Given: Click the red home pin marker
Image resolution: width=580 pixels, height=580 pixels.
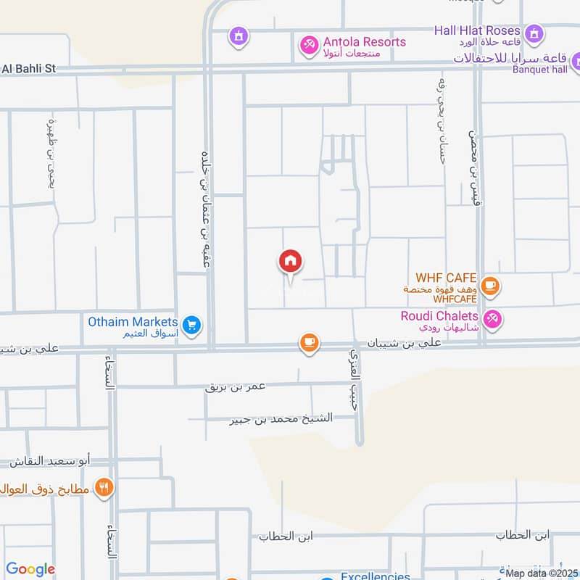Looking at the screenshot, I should tap(290, 262).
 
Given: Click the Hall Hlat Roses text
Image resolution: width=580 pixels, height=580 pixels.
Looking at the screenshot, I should tap(477, 30).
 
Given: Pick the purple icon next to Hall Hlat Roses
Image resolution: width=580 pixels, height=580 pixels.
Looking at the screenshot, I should tap(534, 33).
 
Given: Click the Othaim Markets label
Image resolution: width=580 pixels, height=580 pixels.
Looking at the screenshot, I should tap(133, 321).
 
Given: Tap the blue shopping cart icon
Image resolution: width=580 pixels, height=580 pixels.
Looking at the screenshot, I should tap(191, 325).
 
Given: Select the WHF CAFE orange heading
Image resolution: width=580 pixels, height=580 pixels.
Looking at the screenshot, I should tap(446, 278).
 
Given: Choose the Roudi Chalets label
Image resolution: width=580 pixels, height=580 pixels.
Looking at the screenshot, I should tap(439, 316).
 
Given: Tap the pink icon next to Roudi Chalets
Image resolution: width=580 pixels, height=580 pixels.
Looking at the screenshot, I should tap(492, 318).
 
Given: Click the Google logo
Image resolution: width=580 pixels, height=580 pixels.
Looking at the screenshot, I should tap(30, 569).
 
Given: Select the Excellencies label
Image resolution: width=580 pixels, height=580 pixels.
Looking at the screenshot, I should tap(376, 576).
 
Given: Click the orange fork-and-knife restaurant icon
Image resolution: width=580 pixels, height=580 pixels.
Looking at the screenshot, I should tap(106, 488).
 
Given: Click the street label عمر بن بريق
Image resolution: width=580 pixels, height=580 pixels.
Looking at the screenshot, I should tap(236, 386).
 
